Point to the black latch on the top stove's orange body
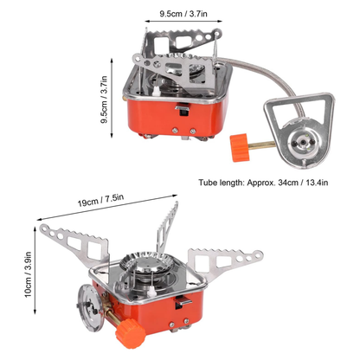pos(185,111)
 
